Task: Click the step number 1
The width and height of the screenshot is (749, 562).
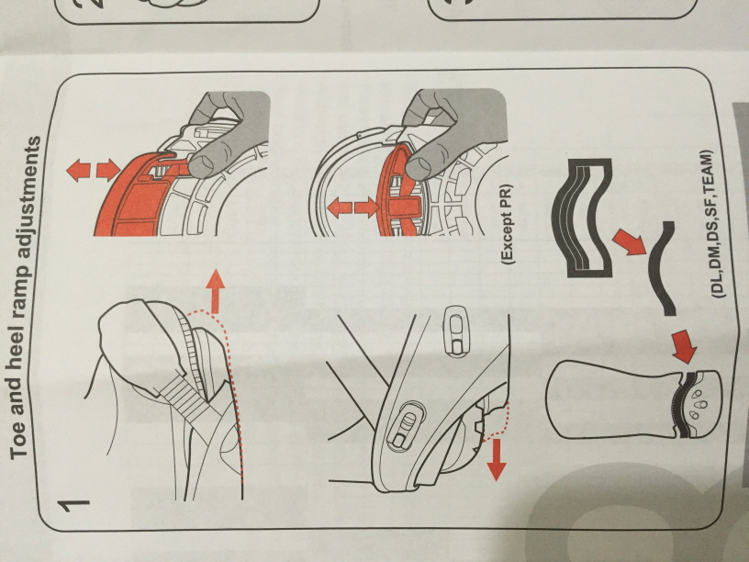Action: (x=73, y=506)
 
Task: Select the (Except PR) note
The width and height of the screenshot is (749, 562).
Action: (x=508, y=225)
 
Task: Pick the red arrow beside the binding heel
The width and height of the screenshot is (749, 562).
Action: (x=497, y=460)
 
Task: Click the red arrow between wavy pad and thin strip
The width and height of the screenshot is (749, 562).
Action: (x=630, y=242)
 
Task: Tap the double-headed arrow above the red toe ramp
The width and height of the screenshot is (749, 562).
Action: (x=93, y=171)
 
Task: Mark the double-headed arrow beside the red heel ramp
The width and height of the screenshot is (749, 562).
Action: (x=353, y=208)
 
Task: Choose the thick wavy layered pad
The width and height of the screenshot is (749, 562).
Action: (x=582, y=218)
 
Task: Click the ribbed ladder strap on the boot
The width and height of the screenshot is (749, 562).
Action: (x=186, y=397)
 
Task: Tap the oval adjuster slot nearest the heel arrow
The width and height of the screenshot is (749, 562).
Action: (x=407, y=425)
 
